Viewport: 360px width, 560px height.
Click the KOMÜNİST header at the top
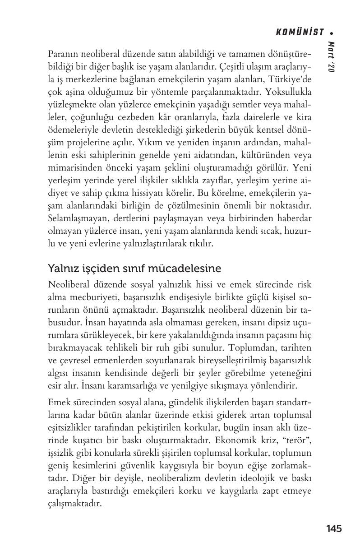pos(300,32)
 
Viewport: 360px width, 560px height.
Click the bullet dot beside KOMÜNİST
pos(332,32)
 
